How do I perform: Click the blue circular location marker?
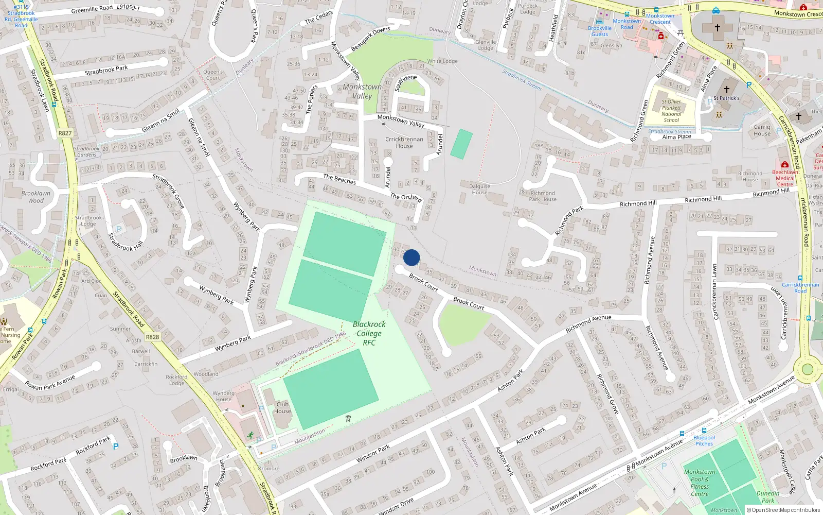tap(411, 257)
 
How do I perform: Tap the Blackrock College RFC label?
tap(369, 333)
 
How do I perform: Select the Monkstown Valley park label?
tap(362, 91)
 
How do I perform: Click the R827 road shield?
tap(65, 133)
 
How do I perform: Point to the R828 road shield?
tap(152, 337)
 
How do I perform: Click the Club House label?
tap(282, 407)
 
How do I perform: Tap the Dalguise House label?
tap(479, 189)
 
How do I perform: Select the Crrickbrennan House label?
tap(404, 142)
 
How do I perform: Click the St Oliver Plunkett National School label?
tap(671, 111)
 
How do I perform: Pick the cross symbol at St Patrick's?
tap(726, 89)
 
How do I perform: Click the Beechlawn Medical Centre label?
tap(785, 178)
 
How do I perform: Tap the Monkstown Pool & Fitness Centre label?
tap(700, 483)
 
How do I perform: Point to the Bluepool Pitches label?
tap(704, 440)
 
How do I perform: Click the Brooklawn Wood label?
tap(36, 197)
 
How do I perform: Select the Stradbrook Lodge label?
tap(88, 220)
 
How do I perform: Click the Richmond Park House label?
tap(543, 196)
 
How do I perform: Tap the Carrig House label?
tap(762, 130)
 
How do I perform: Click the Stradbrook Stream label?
tap(522, 80)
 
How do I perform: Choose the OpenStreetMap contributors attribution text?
tap(783, 510)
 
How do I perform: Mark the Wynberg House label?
tap(224, 396)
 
